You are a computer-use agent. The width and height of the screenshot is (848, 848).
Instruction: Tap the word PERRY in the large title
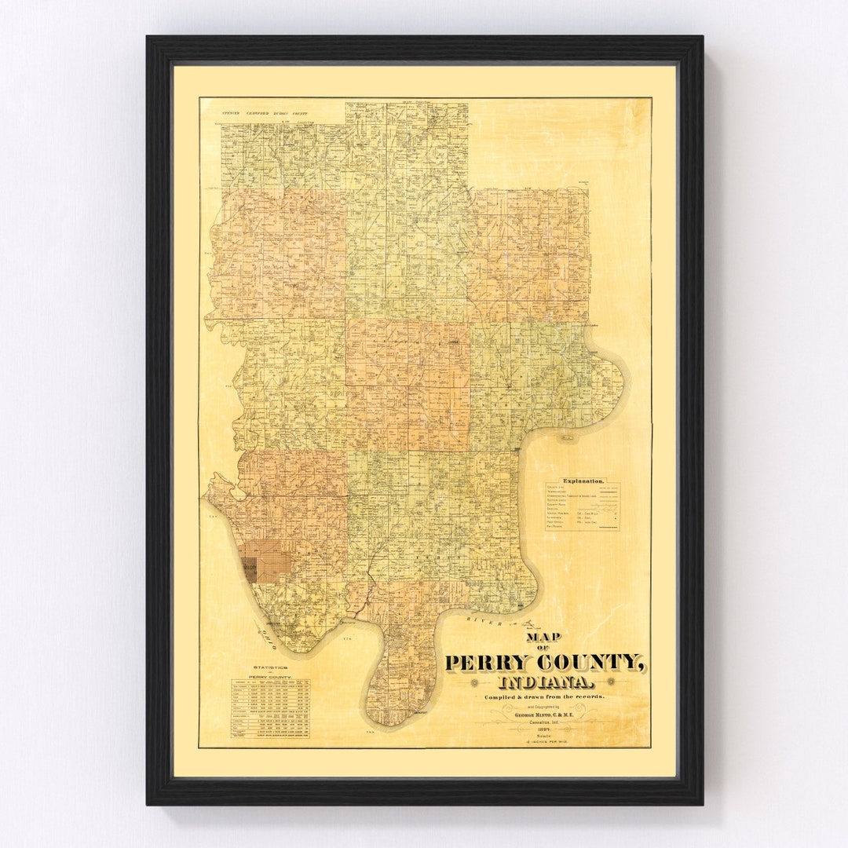pyautogui.click(x=493, y=663)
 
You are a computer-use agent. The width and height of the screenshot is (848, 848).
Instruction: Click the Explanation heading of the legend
pyautogui.click(x=583, y=480)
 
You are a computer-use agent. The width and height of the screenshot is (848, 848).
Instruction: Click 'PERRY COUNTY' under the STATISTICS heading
pyautogui.click(x=269, y=677)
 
